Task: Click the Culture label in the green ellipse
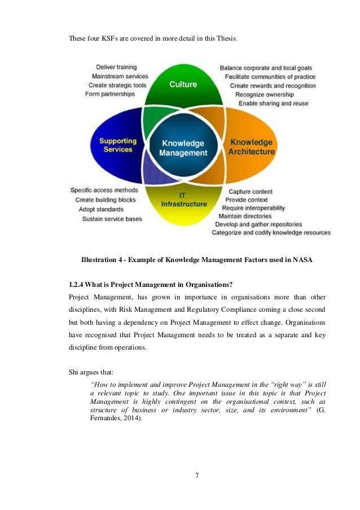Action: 183,84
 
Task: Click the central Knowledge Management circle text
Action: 182,148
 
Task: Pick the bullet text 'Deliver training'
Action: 116,67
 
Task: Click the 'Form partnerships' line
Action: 110,94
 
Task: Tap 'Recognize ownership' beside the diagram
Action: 264,94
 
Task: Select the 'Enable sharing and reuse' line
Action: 274,103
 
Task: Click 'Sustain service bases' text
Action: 112,219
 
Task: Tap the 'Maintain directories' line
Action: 246,216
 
